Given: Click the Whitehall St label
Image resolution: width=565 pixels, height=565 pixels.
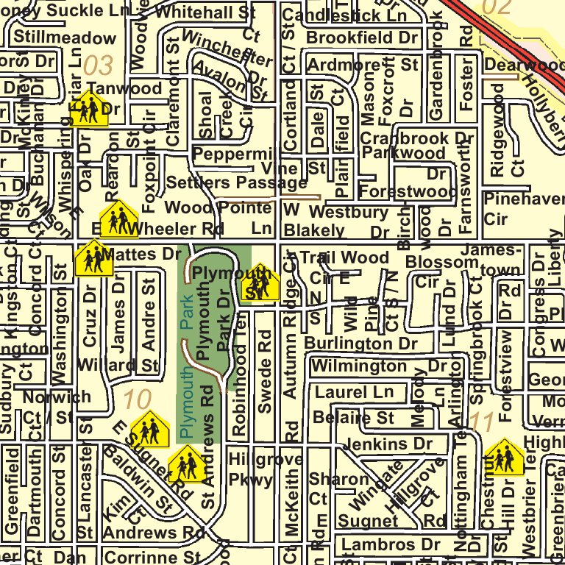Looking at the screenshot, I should pos(205,13).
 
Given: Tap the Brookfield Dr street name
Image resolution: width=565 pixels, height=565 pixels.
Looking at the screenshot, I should pos(362,38).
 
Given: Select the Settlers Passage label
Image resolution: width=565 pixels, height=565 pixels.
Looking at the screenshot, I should pos(237,182).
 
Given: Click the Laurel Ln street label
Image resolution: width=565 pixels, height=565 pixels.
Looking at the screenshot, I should pos(354,392).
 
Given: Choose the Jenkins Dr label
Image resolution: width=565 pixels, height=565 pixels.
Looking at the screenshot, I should pos(388,444).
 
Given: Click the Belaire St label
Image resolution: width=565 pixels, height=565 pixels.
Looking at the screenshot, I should pos(353,418).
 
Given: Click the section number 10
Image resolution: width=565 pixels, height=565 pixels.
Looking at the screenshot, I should pos(137,401).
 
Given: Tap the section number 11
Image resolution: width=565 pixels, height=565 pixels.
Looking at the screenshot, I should pos(482,422).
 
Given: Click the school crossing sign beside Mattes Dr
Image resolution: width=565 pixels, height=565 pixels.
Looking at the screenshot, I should pos(93,258).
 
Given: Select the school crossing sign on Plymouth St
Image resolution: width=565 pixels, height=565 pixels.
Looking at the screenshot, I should pos(260,282).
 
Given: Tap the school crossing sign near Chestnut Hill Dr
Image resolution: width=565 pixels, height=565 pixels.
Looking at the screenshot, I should pos(504,458).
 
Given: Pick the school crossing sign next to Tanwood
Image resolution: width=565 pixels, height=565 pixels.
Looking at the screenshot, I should pos(89,109).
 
